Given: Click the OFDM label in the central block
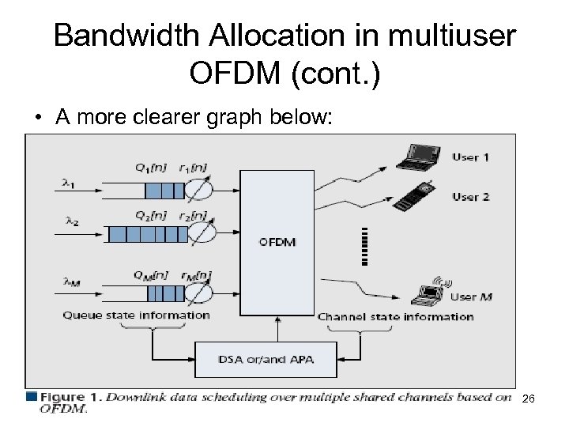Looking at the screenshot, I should [x=277, y=241].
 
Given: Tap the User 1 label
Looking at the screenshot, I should [x=470, y=157].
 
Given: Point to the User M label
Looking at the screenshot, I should [x=471, y=297].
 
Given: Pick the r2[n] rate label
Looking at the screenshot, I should [x=193, y=215].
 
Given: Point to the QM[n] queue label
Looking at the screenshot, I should [x=149, y=275].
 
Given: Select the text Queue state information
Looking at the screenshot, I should [x=137, y=315].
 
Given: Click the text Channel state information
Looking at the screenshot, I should [x=395, y=316].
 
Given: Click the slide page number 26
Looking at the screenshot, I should [x=529, y=399].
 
